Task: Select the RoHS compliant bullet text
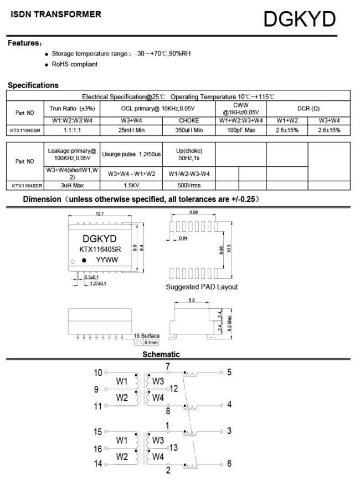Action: (x=75, y=64)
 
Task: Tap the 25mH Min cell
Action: (x=131, y=130)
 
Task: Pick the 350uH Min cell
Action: (x=189, y=130)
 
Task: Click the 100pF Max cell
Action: (x=241, y=130)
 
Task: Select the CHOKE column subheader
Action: (x=189, y=120)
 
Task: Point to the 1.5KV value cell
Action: (x=131, y=185)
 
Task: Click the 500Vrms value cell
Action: (x=189, y=185)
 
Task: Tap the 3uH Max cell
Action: (x=72, y=185)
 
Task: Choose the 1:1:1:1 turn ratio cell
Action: (x=72, y=130)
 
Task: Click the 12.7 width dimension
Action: (x=100, y=213)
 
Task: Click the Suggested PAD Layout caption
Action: (x=202, y=287)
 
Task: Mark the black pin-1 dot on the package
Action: (x=84, y=259)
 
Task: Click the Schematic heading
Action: (x=161, y=354)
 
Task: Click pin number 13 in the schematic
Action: (x=173, y=447)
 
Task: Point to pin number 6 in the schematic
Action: (x=229, y=463)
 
